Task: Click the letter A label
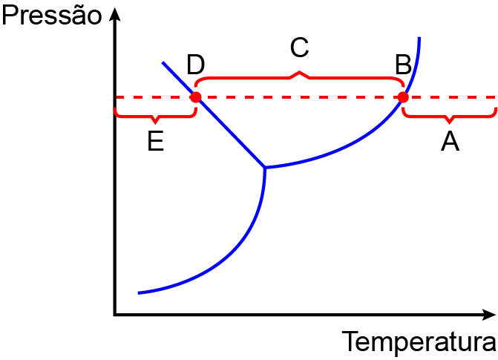click(x=450, y=141)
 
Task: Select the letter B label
click(x=403, y=65)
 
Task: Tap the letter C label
click(x=299, y=48)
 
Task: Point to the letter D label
click(x=195, y=65)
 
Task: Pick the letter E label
click(x=156, y=141)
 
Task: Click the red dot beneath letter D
click(x=196, y=97)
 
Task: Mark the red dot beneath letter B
click(x=403, y=97)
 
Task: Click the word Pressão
click(x=52, y=16)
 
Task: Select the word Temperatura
click(x=419, y=341)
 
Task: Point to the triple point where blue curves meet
click(x=265, y=167)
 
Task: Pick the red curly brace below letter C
click(x=299, y=76)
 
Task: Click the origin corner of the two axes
click(x=115, y=315)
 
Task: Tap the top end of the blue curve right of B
click(x=419, y=38)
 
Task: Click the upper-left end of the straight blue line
click(x=163, y=62)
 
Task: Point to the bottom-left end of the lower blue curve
click(x=138, y=293)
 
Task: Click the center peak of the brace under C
click(x=299, y=72)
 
